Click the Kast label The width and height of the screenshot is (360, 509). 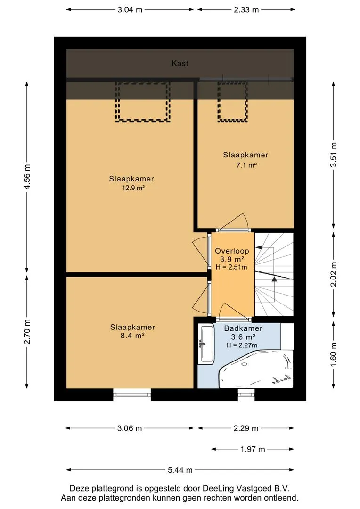(x=180, y=63)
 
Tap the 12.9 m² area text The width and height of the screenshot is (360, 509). (x=133, y=188)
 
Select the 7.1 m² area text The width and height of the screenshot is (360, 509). (x=246, y=165)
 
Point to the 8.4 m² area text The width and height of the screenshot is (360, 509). (x=132, y=336)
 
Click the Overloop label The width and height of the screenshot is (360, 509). (x=232, y=251)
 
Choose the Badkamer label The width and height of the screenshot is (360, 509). (x=243, y=328)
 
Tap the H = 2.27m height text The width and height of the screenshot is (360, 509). (x=242, y=345)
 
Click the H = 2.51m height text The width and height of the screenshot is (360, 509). (x=231, y=268)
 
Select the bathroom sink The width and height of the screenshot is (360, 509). (x=206, y=344)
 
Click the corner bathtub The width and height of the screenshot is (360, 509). (x=256, y=369)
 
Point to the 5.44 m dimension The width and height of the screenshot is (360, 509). (x=180, y=470)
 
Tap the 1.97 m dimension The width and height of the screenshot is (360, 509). (x=253, y=449)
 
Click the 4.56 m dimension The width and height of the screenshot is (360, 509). (x=27, y=177)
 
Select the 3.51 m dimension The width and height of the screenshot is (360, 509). (x=334, y=155)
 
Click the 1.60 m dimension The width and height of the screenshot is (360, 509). (x=334, y=355)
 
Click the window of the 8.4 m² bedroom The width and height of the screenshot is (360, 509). (x=132, y=394)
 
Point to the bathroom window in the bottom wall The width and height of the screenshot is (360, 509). (x=246, y=394)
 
